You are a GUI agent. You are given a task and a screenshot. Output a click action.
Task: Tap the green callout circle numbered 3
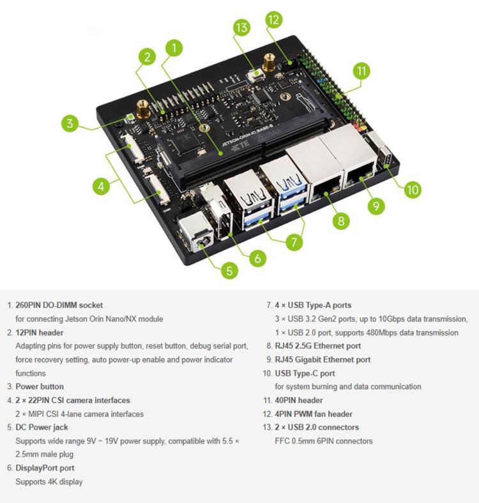click(72, 123)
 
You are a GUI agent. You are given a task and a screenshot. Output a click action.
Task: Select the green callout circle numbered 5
click(229, 270)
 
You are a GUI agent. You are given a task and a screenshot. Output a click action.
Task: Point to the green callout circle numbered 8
click(340, 221)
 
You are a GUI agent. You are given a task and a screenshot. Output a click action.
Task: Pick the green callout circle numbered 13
click(241, 28)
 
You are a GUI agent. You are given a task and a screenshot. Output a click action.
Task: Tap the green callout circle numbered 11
click(362, 71)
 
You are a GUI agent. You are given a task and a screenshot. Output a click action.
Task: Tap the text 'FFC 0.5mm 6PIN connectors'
click(324, 441)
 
